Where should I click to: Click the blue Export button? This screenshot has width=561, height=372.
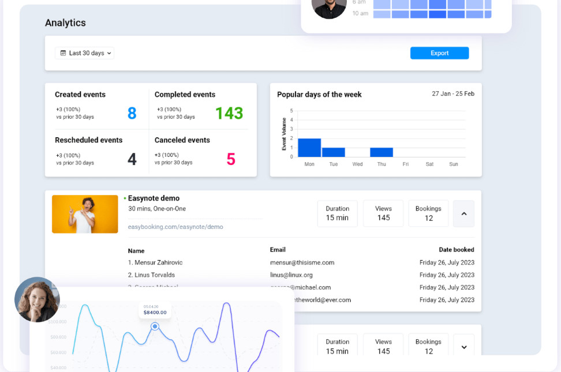tap(439, 53)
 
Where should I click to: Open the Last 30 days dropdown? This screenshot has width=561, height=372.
tap(85, 53)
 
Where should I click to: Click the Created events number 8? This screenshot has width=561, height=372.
tap(132, 113)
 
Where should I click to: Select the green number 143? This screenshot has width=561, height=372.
tap(229, 113)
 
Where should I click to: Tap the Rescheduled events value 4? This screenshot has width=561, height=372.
tap(132, 159)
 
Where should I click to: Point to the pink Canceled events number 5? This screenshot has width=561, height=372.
tap(231, 159)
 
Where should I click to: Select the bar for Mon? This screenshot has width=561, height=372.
tap(309, 148)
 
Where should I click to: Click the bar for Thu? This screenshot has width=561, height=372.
tap(382, 152)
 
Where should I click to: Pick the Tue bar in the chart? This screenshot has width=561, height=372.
tap(334, 152)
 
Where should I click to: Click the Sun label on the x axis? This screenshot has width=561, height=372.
tap(454, 164)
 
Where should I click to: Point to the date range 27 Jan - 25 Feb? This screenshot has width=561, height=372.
tap(453, 93)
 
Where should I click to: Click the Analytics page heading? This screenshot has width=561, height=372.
tap(65, 23)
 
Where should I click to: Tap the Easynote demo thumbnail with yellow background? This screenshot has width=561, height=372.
tap(85, 214)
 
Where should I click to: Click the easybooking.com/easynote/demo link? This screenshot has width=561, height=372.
tap(175, 227)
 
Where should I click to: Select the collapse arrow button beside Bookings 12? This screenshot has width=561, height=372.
tap(463, 213)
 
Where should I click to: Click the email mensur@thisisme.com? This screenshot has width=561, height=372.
tap(302, 262)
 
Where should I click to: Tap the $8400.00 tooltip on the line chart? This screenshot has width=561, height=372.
tap(155, 312)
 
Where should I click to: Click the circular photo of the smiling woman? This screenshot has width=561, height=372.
tap(37, 299)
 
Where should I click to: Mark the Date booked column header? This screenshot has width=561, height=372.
tap(456, 250)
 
